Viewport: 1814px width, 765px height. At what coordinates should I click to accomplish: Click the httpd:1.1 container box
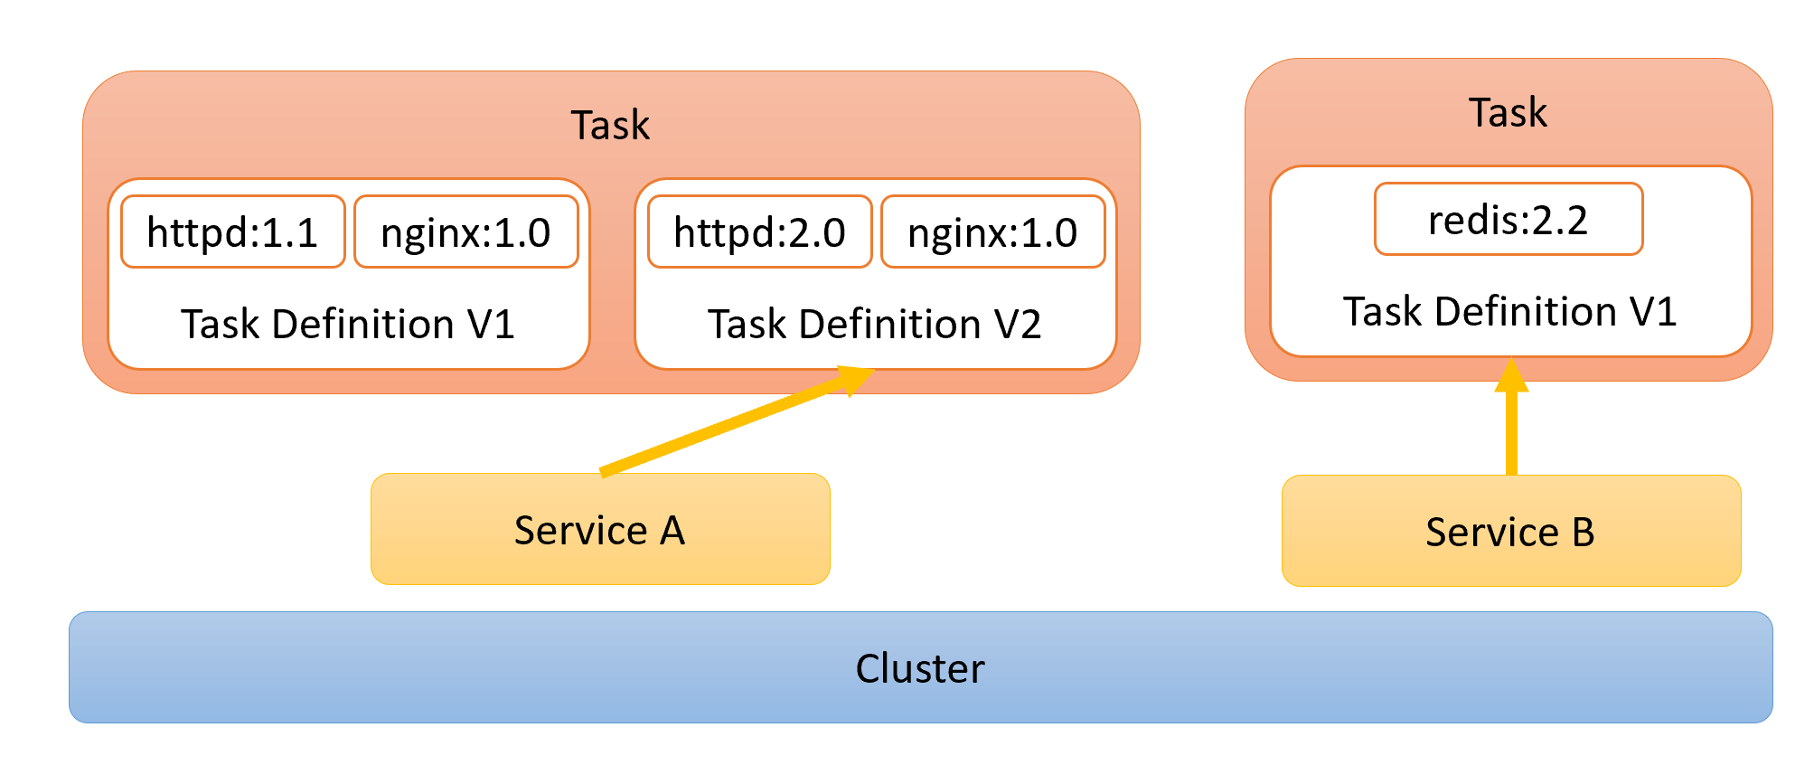[232, 232]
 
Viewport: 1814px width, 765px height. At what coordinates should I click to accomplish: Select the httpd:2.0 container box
[759, 232]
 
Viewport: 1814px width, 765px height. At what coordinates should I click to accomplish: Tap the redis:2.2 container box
[1508, 220]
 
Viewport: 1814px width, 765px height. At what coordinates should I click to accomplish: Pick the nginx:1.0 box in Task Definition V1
[465, 232]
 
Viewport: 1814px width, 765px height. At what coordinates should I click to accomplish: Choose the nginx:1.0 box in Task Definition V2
[992, 232]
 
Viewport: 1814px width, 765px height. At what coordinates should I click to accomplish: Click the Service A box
[599, 530]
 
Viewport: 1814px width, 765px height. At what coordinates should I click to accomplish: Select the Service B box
[1510, 532]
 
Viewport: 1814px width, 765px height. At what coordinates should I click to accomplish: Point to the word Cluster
[919, 669]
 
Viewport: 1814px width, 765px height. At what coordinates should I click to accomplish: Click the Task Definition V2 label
[874, 324]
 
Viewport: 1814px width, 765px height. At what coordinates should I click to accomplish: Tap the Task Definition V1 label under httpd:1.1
[347, 324]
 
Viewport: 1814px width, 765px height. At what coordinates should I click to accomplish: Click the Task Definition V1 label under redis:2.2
[1509, 312]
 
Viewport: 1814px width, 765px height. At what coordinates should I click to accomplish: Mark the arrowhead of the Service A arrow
[854, 379]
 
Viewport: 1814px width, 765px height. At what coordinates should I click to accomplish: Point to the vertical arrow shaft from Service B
[1511, 434]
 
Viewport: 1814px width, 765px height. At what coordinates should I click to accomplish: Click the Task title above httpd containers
[610, 125]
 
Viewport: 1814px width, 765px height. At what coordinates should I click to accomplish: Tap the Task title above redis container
[1508, 113]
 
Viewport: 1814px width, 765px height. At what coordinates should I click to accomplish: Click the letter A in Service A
[672, 531]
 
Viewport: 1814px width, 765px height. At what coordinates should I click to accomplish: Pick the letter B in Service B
[1583, 533]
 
